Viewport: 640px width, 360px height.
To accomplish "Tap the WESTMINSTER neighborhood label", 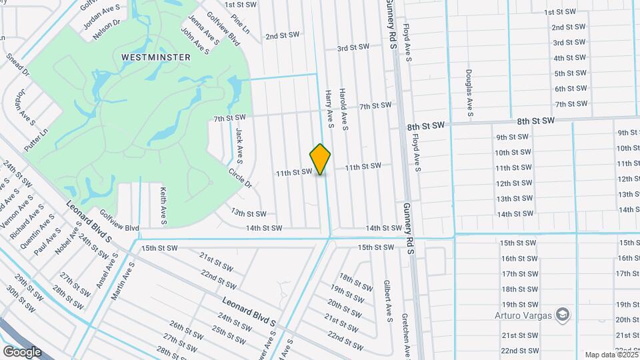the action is coord(156,57).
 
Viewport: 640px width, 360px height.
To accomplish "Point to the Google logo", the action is coord(22,351).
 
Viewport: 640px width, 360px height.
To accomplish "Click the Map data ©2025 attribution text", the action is coord(611,355).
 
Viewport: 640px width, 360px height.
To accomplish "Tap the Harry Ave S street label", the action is coord(329,109).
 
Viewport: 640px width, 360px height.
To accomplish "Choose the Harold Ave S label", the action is coord(344,109).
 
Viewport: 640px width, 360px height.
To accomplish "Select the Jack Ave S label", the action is coord(239,145).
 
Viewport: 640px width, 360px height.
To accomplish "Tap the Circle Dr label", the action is coord(240,177).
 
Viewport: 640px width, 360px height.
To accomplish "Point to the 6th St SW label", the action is coord(570,89).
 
